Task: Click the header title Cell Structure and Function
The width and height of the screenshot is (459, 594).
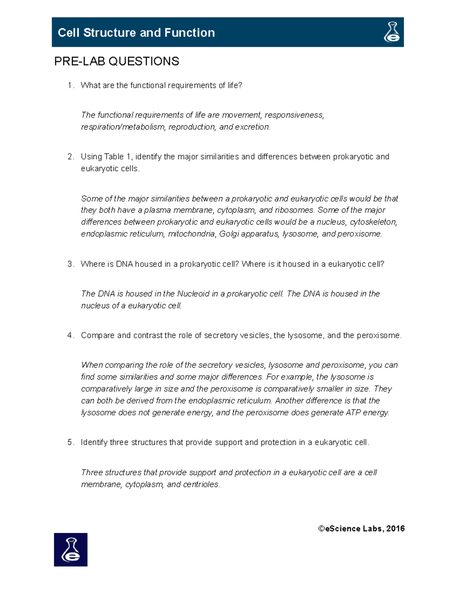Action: [x=136, y=33]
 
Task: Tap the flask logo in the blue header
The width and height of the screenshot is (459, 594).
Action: [x=392, y=32]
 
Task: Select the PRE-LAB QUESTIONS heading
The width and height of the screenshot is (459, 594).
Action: [x=117, y=61]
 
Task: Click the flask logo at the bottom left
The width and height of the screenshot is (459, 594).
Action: [x=71, y=550]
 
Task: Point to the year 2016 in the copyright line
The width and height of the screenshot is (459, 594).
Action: [x=396, y=529]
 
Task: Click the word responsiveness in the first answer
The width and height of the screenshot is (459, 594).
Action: [x=294, y=115]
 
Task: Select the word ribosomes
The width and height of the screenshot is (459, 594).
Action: [x=295, y=210]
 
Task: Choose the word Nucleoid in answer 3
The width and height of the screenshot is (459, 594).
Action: [x=193, y=294]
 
